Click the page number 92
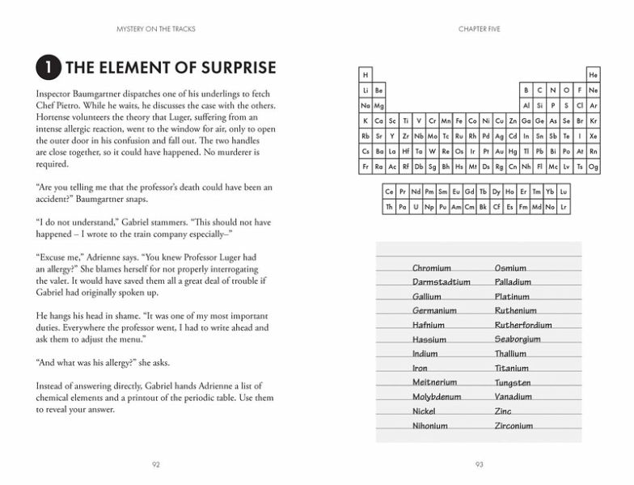[x=156, y=464]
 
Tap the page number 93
[x=479, y=464]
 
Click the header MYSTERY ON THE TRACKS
[x=156, y=30]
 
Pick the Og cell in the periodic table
[x=594, y=167]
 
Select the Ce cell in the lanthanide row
[x=390, y=192]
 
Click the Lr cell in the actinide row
[x=564, y=207]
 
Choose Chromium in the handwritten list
[x=432, y=268]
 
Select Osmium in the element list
[x=510, y=268]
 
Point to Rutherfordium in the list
[x=523, y=326]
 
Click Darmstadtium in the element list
[x=441, y=283]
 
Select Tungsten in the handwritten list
[x=513, y=383]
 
